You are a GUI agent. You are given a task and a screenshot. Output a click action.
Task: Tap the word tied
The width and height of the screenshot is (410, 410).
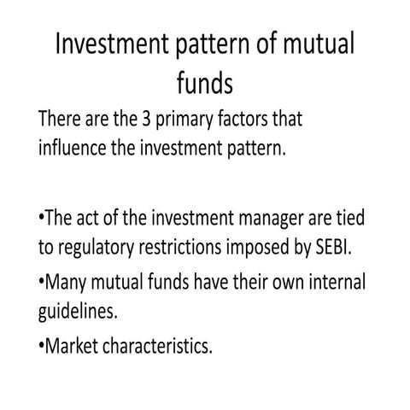click(x=349, y=220)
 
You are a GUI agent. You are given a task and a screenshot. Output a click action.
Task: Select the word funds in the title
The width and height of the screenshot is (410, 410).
click(x=204, y=84)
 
